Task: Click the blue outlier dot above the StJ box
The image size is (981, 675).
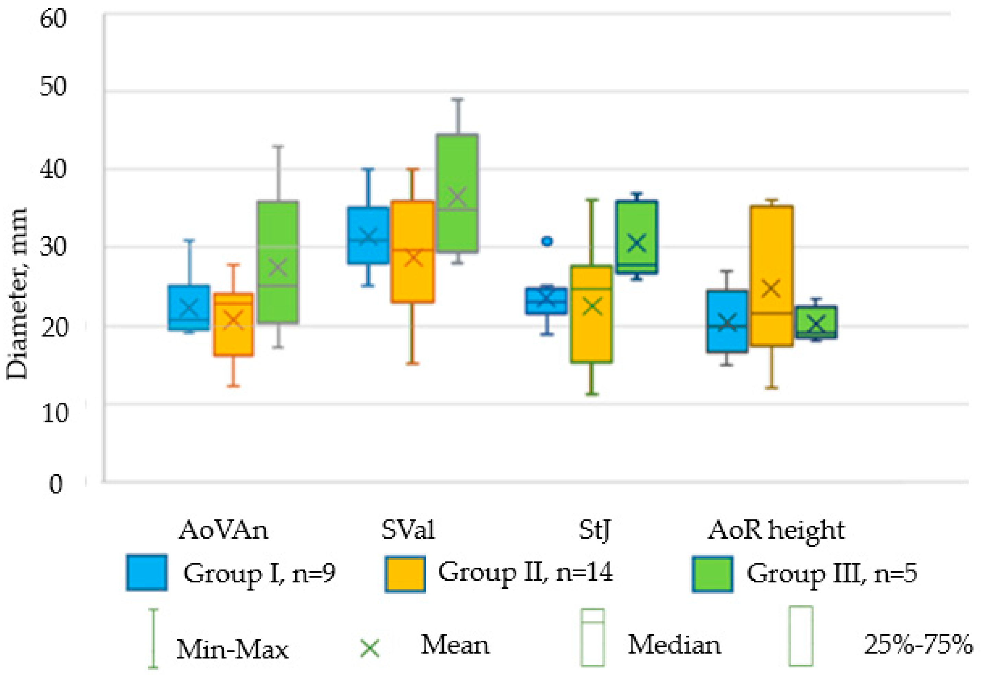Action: tap(547, 241)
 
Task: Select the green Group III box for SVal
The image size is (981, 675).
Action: tap(457, 193)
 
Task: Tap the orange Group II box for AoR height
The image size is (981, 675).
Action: tap(772, 276)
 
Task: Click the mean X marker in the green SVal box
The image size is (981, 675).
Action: tap(457, 197)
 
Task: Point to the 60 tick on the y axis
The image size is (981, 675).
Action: tap(53, 19)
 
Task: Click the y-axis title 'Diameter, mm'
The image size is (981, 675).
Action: tap(17, 294)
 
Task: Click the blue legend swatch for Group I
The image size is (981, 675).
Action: tap(147, 573)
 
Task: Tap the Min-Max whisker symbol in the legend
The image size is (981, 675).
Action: tap(153, 639)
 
